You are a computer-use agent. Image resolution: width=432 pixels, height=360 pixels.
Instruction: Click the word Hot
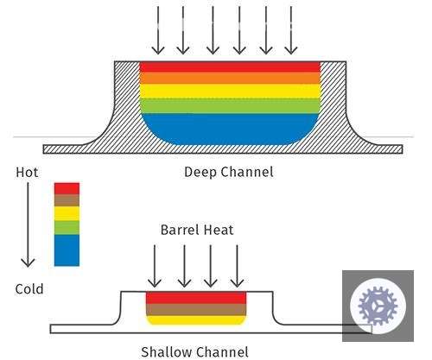tap(27, 173)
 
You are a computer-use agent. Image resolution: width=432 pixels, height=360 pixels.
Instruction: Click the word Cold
tap(29, 289)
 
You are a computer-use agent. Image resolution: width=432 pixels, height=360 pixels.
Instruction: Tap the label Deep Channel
tap(229, 172)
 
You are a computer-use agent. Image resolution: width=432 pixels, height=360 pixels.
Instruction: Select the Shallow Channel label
tap(194, 352)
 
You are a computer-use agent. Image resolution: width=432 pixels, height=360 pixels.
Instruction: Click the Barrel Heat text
tap(197, 230)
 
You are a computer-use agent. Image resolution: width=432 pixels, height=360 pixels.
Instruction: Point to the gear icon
tap(378, 306)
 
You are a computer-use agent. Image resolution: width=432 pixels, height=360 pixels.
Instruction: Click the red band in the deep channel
tap(230, 66)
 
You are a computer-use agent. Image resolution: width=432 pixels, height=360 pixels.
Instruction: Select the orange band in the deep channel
tap(230, 78)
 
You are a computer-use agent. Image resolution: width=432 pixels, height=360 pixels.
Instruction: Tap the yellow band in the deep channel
tap(230, 92)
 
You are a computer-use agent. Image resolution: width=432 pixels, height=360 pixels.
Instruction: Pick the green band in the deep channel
tap(230, 106)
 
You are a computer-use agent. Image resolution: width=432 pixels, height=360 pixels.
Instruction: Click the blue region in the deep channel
tap(230, 129)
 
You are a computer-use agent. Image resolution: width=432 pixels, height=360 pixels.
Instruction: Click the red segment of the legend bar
tap(67, 189)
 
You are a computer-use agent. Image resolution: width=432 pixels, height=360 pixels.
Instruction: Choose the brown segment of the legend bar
tap(67, 200)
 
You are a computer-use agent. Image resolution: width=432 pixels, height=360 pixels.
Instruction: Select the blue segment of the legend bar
tap(67, 250)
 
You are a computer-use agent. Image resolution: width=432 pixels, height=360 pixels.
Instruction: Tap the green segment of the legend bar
tap(67, 228)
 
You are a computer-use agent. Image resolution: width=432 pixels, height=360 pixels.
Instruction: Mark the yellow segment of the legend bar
tap(67, 213)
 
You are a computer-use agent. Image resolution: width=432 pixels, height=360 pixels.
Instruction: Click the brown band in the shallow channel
tap(196, 310)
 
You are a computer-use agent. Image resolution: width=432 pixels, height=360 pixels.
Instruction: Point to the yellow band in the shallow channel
tap(196, 320)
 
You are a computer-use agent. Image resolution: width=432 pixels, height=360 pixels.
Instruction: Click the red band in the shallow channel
tap(196, 298)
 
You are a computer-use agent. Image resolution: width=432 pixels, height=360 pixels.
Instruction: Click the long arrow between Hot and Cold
tap(28, 224)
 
